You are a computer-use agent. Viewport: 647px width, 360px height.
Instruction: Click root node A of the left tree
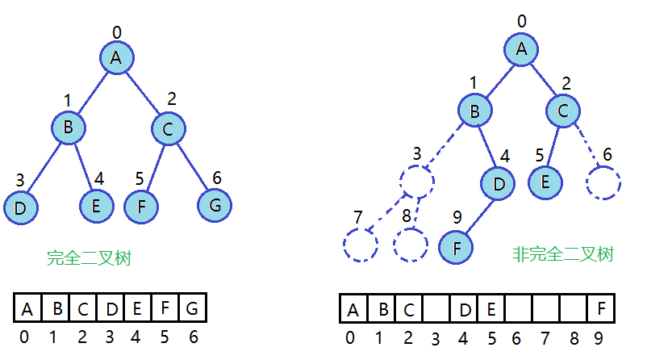tap(116, 57)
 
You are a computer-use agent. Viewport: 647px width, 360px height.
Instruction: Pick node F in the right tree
tap(456, 246)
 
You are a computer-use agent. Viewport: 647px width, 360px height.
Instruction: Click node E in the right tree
tap(546, 181)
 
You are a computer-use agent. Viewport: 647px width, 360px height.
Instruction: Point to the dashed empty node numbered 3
tap(416, 182)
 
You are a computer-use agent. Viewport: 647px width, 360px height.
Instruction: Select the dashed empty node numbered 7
tap(360, 244)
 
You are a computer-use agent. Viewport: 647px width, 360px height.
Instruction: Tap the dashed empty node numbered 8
tap(411, 245)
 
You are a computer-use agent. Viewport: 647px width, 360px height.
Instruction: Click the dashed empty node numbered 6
tap(603, 182)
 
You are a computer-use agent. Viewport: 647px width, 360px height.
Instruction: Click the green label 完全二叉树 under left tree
tap(89, 258)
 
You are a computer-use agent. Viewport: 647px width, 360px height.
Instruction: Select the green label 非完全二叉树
tap(562, 254)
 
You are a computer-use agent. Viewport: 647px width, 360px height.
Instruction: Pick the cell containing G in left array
tap(193, 308)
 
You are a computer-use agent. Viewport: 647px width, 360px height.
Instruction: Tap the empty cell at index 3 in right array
tap(436, 309)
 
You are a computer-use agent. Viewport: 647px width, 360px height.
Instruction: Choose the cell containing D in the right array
tap(465, 309)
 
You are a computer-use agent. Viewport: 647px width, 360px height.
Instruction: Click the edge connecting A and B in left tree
tap(92, 91)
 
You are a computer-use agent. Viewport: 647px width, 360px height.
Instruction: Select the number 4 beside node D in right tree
tap(504, 156)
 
